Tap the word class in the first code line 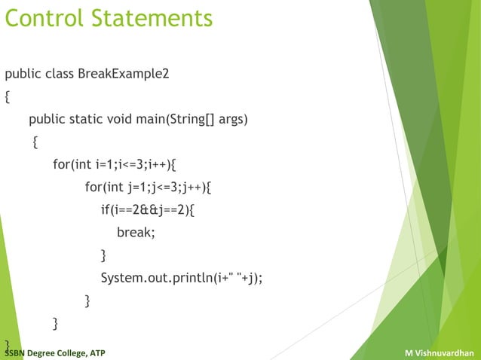coord(59,75)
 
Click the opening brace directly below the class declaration coord(8,97)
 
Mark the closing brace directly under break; coord(104,256)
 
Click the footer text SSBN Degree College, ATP coord(56,352)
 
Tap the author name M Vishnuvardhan coord(440,352)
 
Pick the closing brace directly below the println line coord(87,301)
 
